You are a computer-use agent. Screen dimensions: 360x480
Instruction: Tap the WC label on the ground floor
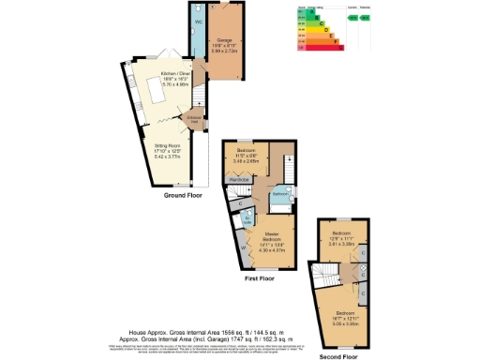199,21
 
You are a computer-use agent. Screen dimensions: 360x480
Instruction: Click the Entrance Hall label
194,119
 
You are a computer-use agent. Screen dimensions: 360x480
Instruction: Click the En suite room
248,220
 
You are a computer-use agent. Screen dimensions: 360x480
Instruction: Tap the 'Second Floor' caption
338,356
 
